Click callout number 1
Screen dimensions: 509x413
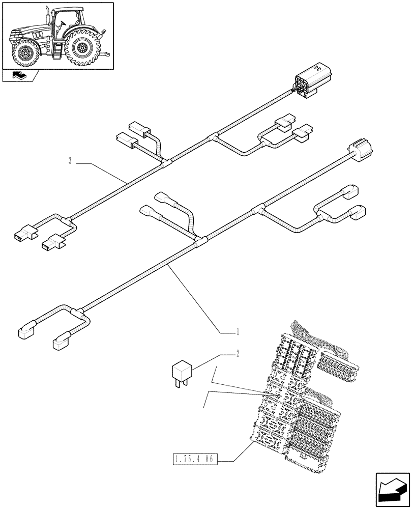pos(237,332)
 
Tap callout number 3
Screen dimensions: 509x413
pos(70,161)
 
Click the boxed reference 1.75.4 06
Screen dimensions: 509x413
pos(193,460)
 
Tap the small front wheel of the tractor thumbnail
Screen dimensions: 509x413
pos(24,52)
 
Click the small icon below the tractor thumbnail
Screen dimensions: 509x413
pos(20,76)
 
